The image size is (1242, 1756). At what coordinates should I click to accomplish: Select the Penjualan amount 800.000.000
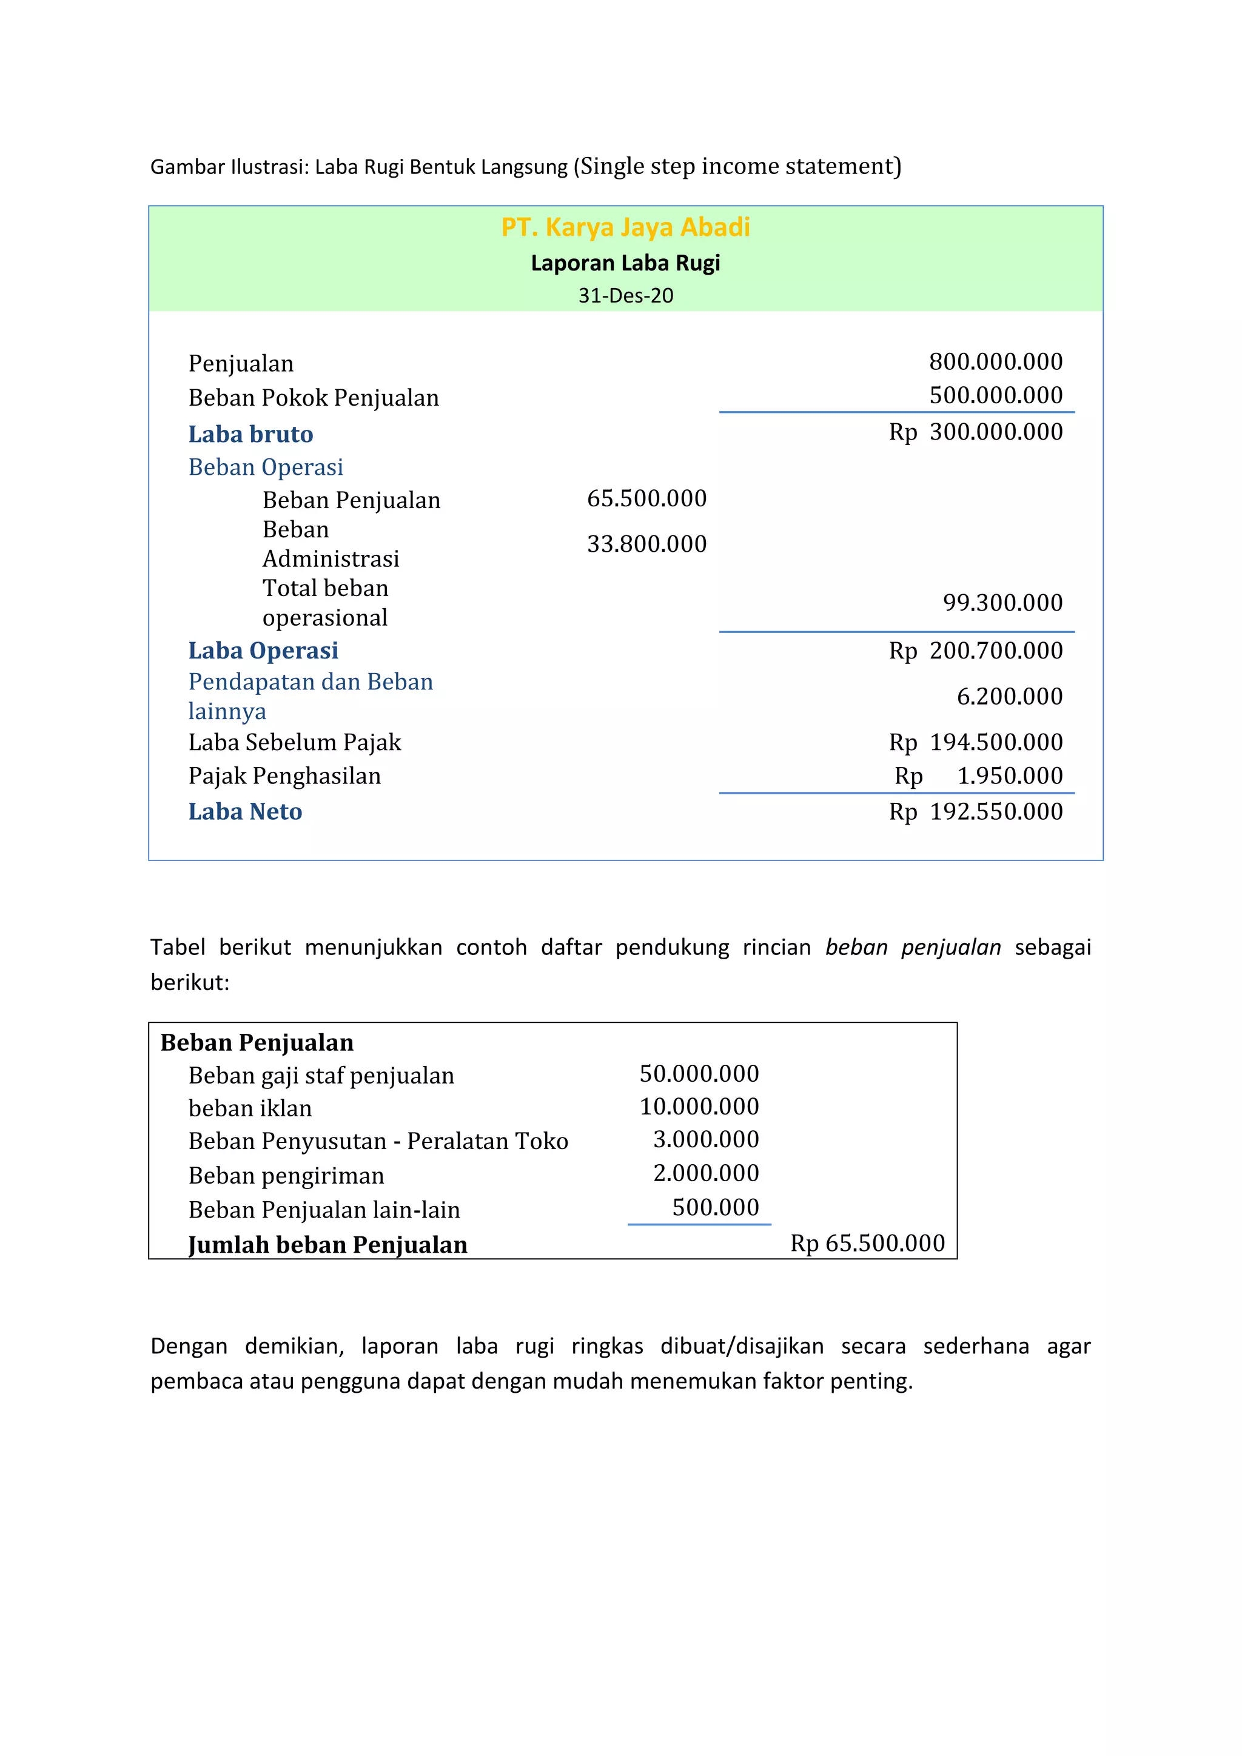(x=995, y=362)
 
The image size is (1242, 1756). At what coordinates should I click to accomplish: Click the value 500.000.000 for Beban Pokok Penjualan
(x=995, y=395)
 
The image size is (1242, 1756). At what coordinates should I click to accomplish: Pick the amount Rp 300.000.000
(x=975, y=432)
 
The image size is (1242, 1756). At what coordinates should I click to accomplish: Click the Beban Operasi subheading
(x=266, y=467)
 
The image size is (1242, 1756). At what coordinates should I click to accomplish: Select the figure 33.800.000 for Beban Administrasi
(x=646, y=544)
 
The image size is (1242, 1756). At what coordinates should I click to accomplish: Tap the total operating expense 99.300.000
(x=1002, y=603)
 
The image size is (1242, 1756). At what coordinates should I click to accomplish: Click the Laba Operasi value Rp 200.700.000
(x=975, y=651)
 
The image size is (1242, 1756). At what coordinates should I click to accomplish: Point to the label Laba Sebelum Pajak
(x=295, y=743)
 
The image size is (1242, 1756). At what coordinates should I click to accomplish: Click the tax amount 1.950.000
(x=1010, y=776)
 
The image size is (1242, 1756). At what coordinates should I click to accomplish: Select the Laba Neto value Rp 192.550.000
(x=975, y=813)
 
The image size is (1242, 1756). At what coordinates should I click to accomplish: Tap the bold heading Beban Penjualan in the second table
(x=257, y=1043)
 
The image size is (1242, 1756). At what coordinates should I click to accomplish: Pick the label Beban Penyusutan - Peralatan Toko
(x=378, y=1141)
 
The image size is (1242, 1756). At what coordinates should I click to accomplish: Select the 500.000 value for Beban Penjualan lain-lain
(x=715, y=1208)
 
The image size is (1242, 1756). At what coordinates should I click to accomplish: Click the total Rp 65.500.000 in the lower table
(x=867, y=1244)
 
